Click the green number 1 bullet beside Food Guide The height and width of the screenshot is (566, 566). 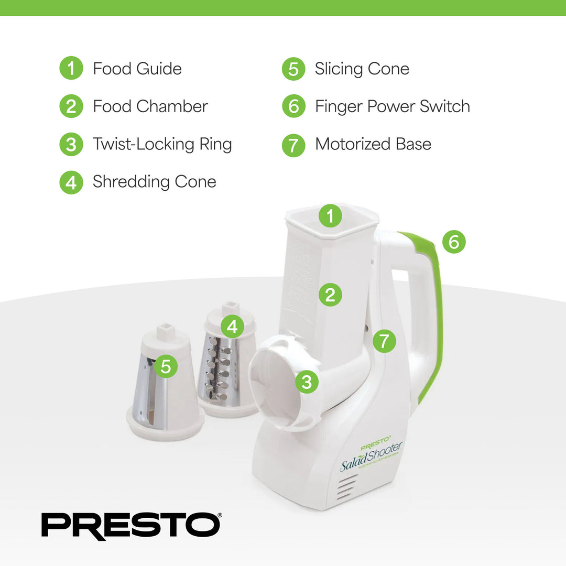coord(71,69)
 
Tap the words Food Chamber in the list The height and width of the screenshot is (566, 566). coord(150,106)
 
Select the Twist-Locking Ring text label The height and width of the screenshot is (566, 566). coord(162,144)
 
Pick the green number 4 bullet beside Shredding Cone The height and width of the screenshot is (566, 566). coord(71,182)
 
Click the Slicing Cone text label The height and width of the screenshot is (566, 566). coord(362,69)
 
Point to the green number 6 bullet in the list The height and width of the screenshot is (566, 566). coord(293,106)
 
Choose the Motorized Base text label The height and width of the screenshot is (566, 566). coord(373,144)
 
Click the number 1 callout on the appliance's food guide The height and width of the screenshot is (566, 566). coord(330,216)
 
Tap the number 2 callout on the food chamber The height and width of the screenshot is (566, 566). coord(330,295)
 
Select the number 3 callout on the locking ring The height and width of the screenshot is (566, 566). coord(307,382)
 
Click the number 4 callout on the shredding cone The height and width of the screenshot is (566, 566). coord(232,327)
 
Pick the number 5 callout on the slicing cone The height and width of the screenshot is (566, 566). coord(166,366)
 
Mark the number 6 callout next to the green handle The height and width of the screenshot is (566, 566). coord(454,242)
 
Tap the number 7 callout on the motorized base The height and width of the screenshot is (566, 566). coord(384,342)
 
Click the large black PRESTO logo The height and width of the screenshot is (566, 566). coord(131,526)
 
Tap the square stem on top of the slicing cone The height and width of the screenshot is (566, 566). coord(166,332)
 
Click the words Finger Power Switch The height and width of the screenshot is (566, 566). coord(392,106)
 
